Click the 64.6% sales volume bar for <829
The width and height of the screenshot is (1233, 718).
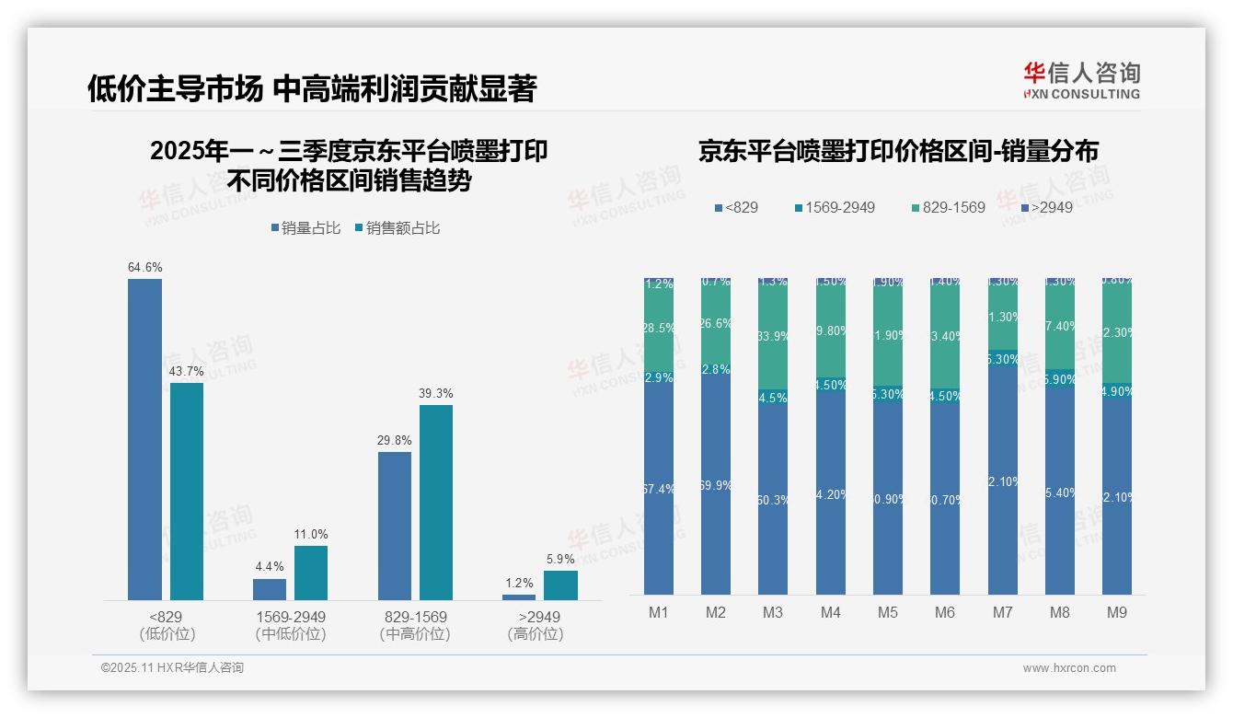click(x=144, y=439)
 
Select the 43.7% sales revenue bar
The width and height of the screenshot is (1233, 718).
click(x=187, y=492)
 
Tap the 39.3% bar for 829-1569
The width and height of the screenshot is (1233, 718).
click(x=436, y=503)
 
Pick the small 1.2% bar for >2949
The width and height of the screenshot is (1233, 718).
click(x=519, y=597)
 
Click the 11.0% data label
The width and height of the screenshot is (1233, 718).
click(x=311, y=534)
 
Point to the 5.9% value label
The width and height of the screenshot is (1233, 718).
click(x=560, y=559)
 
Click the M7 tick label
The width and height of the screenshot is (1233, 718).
click(x=1002, y=612)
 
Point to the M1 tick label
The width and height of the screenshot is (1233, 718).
click(x=659, y=612)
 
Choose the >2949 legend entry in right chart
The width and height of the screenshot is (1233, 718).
click(x=1052, y=207)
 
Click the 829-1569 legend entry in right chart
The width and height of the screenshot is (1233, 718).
click(x=953, y=207)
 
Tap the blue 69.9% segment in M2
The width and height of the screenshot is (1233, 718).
click(x=716, y=484)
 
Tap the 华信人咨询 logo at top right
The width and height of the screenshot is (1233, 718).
click(x=1081, y=80)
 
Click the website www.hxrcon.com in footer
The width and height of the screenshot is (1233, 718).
click(x=1069, y=668)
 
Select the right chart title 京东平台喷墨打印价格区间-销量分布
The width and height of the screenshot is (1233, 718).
click(x=898, y=152)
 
